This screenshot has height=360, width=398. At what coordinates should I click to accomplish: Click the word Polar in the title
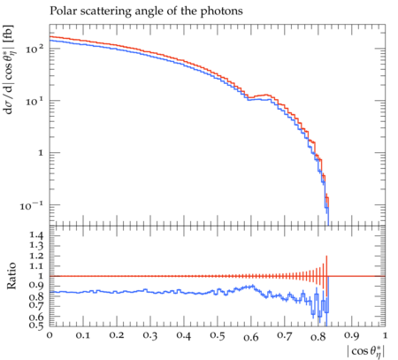(x=61, y=11)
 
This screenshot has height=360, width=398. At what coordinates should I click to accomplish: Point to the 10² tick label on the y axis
(x=34, y=49)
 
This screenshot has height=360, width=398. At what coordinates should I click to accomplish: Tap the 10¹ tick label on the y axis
(x=34, y=101)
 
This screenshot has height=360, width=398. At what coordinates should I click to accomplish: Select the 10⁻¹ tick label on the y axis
(x=32, y=205)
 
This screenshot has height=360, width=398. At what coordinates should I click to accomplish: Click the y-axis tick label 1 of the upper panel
(x=41, y=153)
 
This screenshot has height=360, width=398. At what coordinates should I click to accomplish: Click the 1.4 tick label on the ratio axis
(x=36, y=235)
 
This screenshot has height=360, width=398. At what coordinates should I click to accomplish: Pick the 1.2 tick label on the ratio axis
(x=36, y=256)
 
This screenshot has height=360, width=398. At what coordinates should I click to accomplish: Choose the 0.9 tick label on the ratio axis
(x=36, y=286)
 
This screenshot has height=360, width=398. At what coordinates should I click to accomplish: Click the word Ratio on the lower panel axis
(x=11, y=276)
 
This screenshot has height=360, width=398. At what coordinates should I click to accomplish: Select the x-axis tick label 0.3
(x=150, y=335)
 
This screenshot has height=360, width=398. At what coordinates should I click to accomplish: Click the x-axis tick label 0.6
(x=251, y=336)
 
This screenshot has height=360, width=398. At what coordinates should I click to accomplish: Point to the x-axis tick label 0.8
(x=318, y=336)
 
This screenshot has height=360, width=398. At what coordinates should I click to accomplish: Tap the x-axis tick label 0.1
(x=83, y=335)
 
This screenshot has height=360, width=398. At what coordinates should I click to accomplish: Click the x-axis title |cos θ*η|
(x=367, y=351)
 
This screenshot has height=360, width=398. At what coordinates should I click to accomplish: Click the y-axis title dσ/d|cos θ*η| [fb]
(x=10, y=70)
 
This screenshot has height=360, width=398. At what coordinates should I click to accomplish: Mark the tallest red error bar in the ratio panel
(x=326, y=276)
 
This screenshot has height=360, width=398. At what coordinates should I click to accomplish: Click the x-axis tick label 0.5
(x=218, y=335)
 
